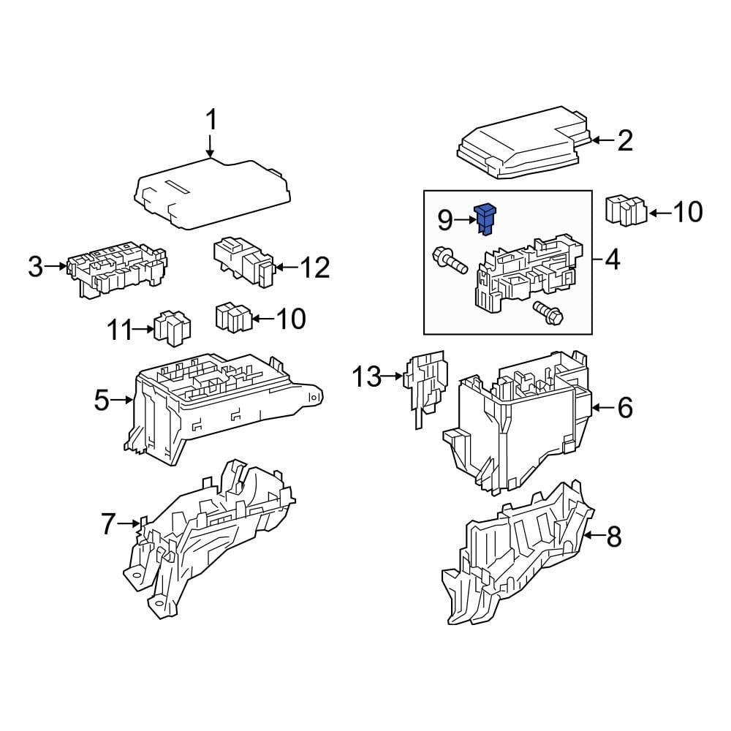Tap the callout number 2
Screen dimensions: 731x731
[x=624, y=140]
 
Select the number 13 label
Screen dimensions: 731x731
[x=367, y=377]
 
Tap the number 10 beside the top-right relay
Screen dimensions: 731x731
[x=686, y=212]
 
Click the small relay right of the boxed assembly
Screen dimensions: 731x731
[x=626, y=211]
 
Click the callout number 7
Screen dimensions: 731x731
[x=108, y=523]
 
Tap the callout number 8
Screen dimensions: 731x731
[x=613, y=537]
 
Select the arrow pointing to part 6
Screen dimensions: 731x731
[x=601, y=407]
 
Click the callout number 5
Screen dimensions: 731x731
[x=102, y=400]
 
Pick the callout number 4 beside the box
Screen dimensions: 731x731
[x=613, y=259]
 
